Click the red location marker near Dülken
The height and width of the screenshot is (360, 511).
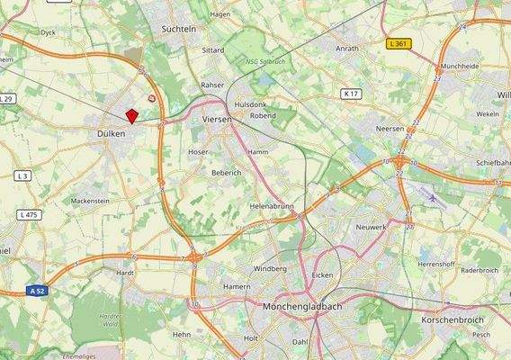pos(131,116)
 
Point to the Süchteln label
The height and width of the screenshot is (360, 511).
pos(178,29)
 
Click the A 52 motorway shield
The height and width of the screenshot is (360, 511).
pos(36,292)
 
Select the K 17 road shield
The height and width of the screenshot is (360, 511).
pos(351,94)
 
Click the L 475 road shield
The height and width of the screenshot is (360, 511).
pos(28,215)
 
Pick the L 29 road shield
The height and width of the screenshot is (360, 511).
pos(6,98)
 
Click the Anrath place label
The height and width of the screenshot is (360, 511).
pos(346,49)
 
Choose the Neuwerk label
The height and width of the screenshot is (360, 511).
pos(371,228)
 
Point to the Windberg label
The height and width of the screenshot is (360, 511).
pos(270,268)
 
